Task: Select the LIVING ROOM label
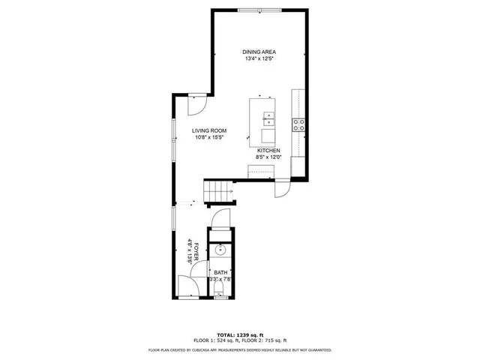coord(210,130)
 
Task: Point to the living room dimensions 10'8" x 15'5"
coord(210,137)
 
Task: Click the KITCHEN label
coord(268,151)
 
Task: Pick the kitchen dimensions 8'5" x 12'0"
coord(268,157)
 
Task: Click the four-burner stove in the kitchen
coord(298,124)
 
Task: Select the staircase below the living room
coord(219,192)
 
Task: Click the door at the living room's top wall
coord(196,103)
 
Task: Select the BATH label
coord(220,272)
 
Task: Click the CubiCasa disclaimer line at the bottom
coord(239,349)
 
